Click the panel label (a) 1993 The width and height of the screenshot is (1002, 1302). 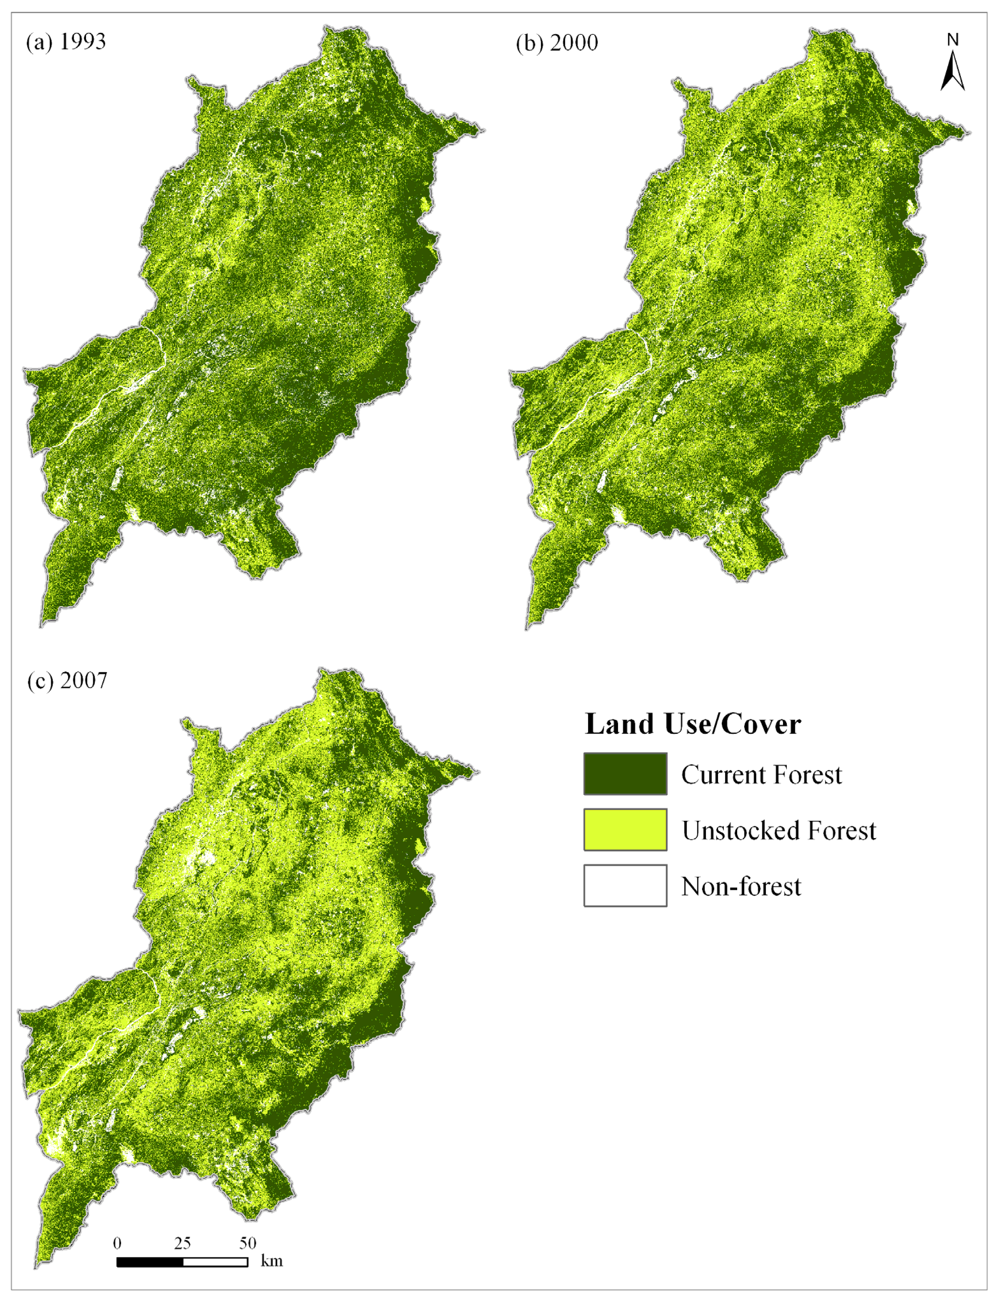66,42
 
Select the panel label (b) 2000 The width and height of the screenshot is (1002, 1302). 557,43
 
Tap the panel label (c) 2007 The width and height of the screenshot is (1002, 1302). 67,680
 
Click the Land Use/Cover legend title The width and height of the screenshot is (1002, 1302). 692,724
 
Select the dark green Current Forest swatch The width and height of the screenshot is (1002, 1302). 625,774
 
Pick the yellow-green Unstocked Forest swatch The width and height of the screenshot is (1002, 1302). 625,829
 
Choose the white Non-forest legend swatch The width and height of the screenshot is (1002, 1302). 625,885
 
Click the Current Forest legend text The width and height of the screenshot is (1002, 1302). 761,774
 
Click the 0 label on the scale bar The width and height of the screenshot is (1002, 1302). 117,1243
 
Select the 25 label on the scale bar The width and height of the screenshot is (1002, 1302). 182,1243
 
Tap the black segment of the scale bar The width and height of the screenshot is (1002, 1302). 150,1262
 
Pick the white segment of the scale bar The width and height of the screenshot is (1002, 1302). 215,1262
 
